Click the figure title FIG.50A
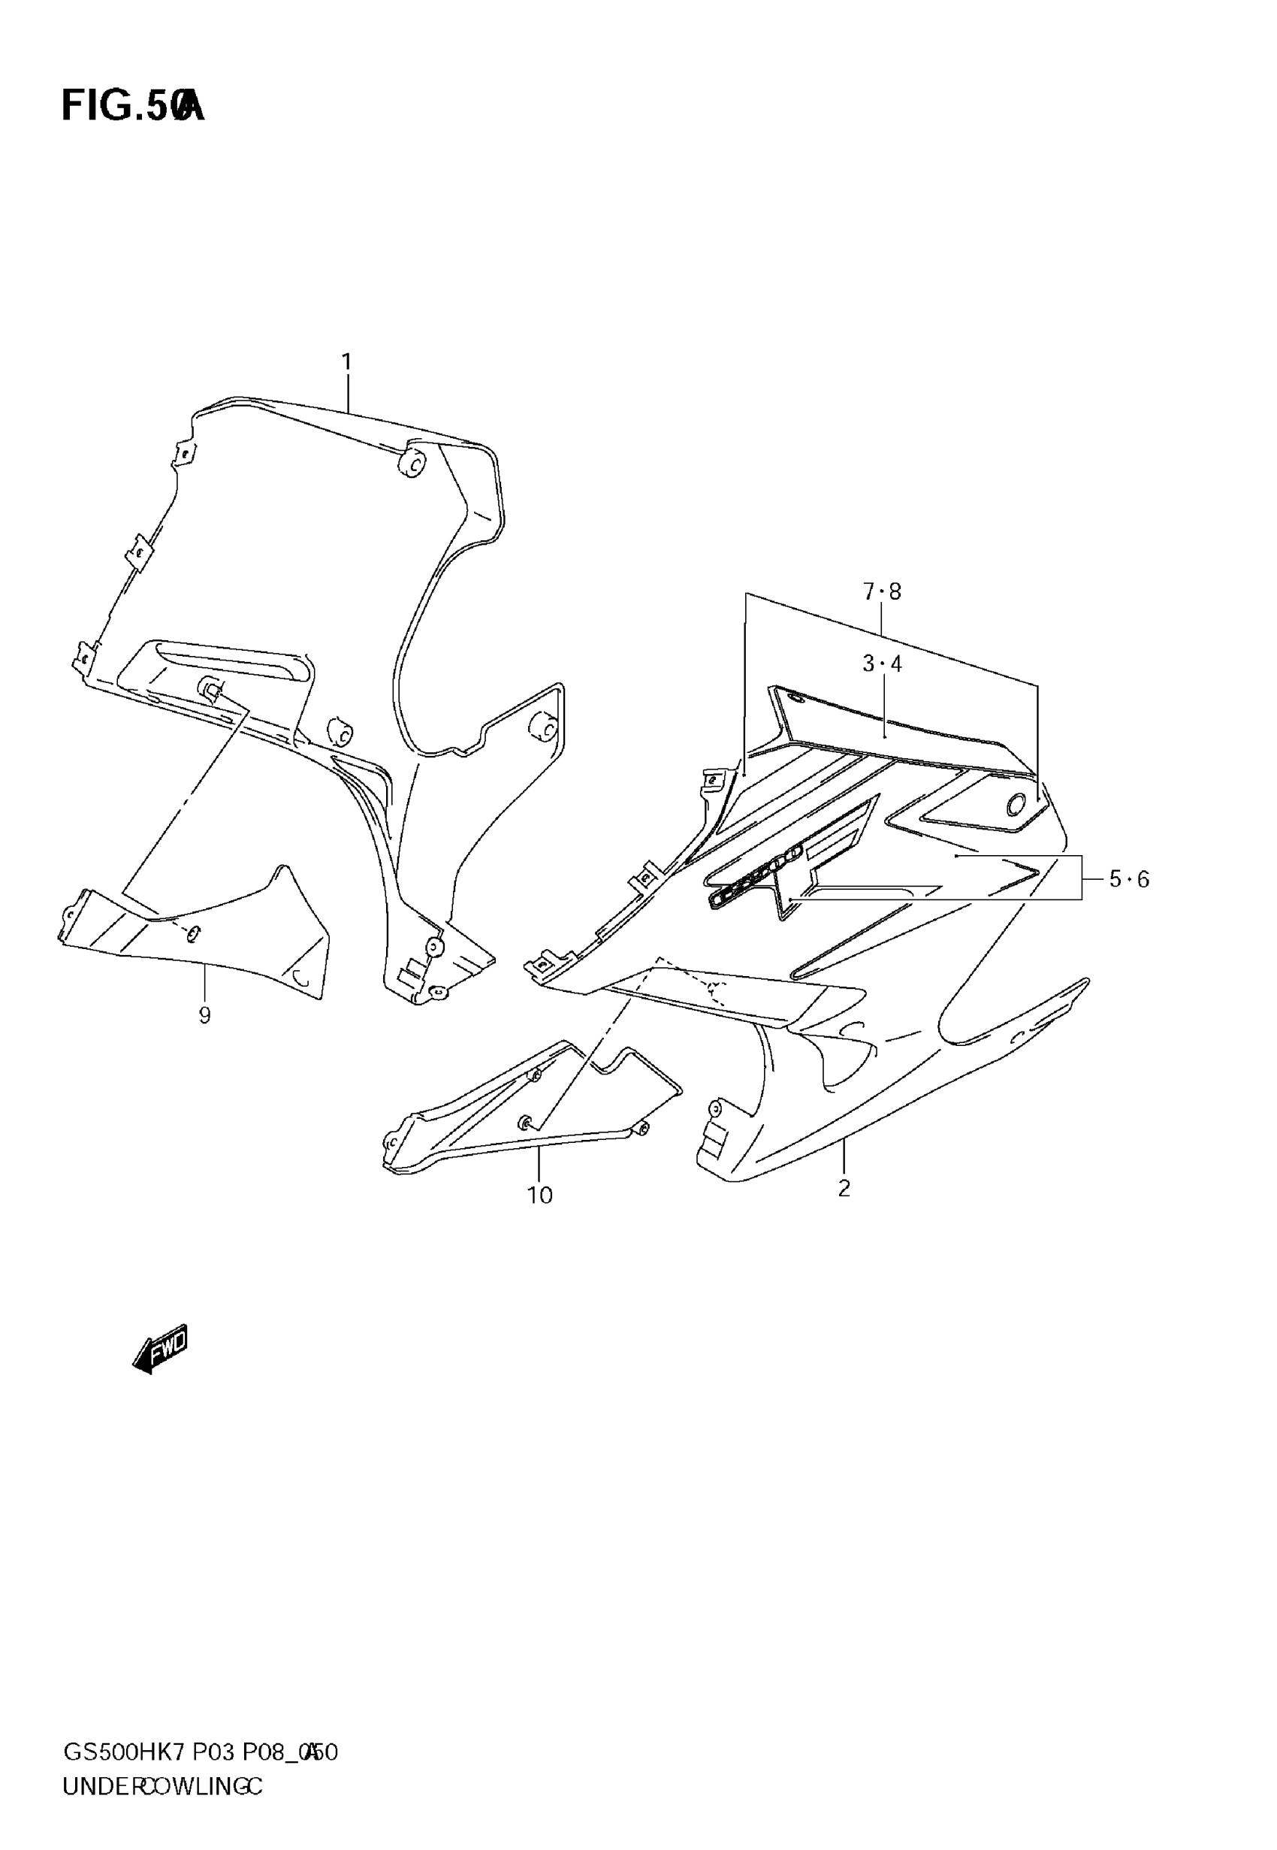pyautogui.click(x=133, y=106)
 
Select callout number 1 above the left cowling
pyautogui.click(x=346, y=362)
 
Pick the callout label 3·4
pyautogui.click(x=882, y=664)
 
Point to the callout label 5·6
pyautogui.click(x=1129, y=879)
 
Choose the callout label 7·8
pyautogui.click(x=882, y=591)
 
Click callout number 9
pyautogui.click(x=205, y=1015)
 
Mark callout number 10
pyautogui.click(x=540, y=1196)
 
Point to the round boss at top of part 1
pyautogui.click(x=414, y=463)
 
